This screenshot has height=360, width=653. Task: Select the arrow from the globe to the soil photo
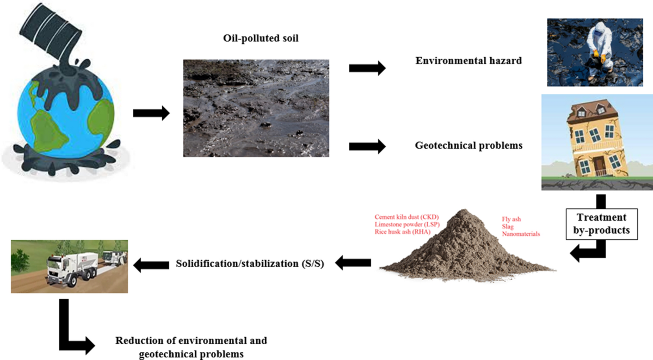tap(151, 113)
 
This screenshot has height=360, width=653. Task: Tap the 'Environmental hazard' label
tap(469, 61)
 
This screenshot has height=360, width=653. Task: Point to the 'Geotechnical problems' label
tap(469, 146)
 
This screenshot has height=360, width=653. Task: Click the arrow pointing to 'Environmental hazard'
tap(367, 68)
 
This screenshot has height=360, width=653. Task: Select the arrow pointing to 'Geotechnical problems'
tap(367, 146)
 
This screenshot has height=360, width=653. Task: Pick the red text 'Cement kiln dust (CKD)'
tap(406, 216)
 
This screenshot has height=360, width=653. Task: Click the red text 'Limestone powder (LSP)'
tap(406, 224)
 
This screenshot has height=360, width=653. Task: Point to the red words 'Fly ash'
tap(511, 219)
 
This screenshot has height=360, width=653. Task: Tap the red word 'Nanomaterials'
tap(521, 234)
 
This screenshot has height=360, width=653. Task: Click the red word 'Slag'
tap(507, 226)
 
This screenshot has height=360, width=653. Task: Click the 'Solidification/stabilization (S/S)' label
tap(250, 264)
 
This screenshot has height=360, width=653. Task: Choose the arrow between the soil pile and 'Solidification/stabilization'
tap(353, 264)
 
